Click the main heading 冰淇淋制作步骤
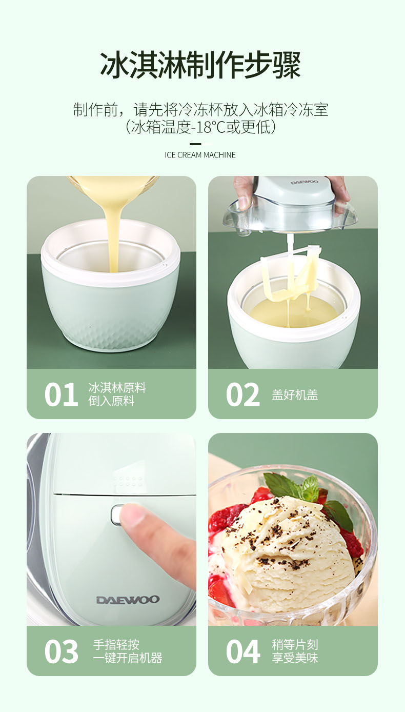click(x=200, y=66)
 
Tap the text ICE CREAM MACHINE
click(x=200, y=155)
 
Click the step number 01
click(x=62, y=394)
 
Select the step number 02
click(x=243, y=394)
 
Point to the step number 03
click(x=62, y=651)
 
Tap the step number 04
click(x=243, y=651)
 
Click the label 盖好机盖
click(x=295, y=395)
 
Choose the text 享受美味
click(x=295, y=658)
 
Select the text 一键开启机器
click(x=128, y=658)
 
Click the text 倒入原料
click(x=111, y=401)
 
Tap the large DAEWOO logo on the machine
click(x=128, y=600)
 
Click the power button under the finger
click(x=116, y=515)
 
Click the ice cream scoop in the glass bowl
click(x=288, y=553)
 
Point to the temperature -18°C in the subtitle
click(x=208, y=127)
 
